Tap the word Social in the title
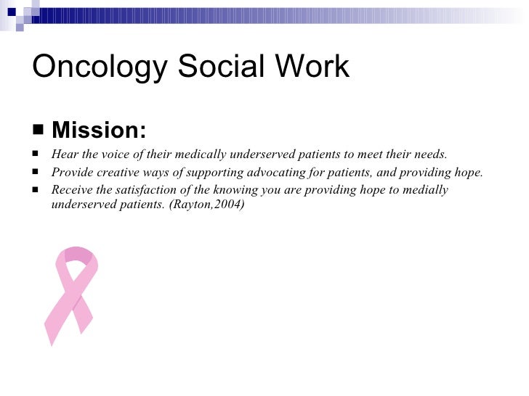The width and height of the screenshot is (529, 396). coord(219,67)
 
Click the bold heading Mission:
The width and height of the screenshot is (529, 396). coord(99,131)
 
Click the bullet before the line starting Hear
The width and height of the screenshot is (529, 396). coord(36,155)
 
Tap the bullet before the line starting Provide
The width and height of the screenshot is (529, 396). coord(36,173)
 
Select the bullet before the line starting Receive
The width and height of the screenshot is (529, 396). coord(36,191)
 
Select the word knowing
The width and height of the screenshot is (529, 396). coord(236,190)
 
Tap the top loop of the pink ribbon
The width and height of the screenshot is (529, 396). coord(78,255)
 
